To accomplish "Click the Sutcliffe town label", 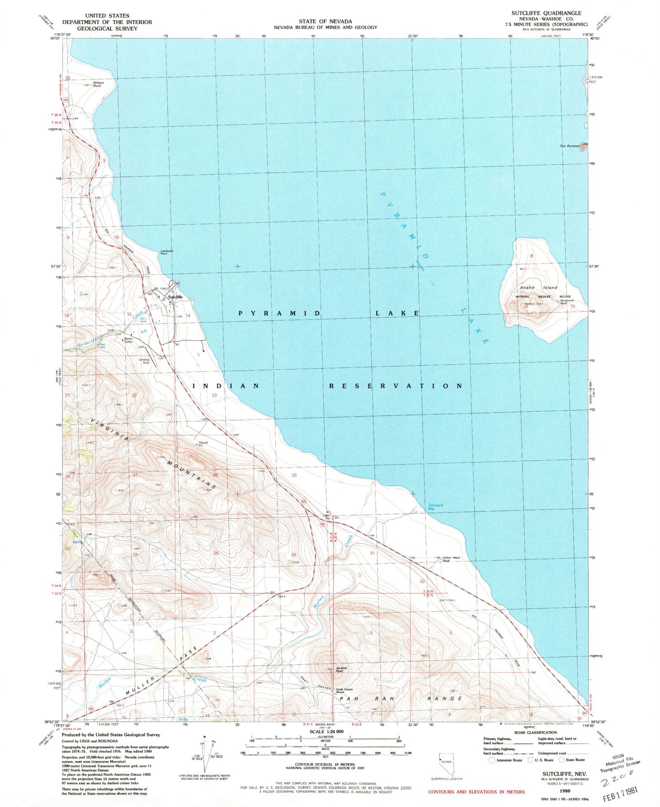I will coord(175,297).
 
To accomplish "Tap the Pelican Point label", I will coord(98,84).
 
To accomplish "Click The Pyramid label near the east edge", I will coord(569,146).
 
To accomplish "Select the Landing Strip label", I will coord(144,361).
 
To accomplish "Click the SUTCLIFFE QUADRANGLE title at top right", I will coord(546,13).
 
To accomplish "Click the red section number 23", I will coord(214,395).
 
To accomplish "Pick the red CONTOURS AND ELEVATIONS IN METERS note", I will coord(476,791).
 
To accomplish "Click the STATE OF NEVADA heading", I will coord(325,21).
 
